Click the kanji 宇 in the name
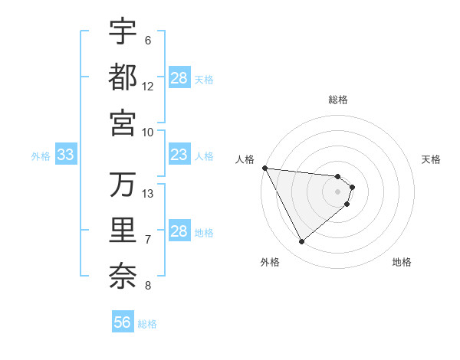123,32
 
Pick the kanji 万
123,185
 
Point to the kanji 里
123,229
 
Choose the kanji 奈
123,274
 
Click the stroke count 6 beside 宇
147,41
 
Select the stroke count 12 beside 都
148,86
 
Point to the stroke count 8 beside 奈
147,286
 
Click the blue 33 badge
65,155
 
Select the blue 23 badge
179,155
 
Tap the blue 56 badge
123,322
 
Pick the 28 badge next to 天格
179,78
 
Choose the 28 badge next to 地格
179,231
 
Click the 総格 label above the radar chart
338,100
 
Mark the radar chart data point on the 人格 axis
264,168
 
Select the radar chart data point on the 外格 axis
301,242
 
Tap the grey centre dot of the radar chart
338,191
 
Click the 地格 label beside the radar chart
402,262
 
